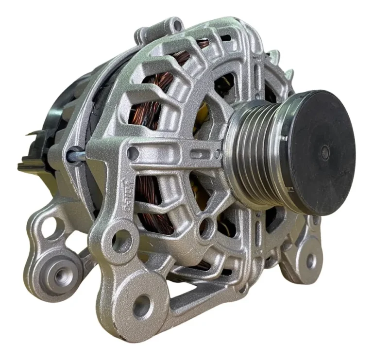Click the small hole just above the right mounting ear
[316, 220]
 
